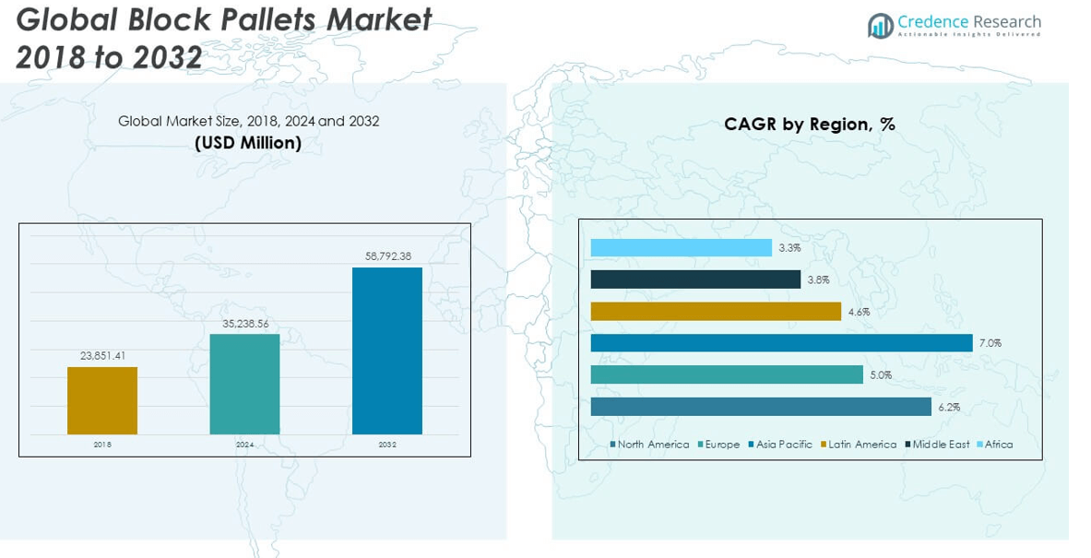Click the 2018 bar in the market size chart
[x=102, y=400]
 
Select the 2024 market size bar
[x=244, y=384]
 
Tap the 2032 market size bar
[x=387, y=350]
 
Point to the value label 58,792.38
[x=387, y=256]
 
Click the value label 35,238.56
[x=244, y=324]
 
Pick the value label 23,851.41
[x=102, y=357]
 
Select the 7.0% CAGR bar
[x=781, y=343]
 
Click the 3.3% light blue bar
[x=681, y=248]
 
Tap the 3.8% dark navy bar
[x=695, y=279]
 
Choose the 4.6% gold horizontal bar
[x=716, y=312]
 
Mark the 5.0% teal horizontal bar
[x=727, y=374]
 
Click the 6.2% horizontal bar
[x=761, y=407]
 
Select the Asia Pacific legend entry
[x=784, y=445]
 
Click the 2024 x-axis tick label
[x=244, y=445]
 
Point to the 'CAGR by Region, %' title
[x=810, y=125]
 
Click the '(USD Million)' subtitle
[x=248, y=143]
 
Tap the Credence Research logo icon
[x=880, y=26]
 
